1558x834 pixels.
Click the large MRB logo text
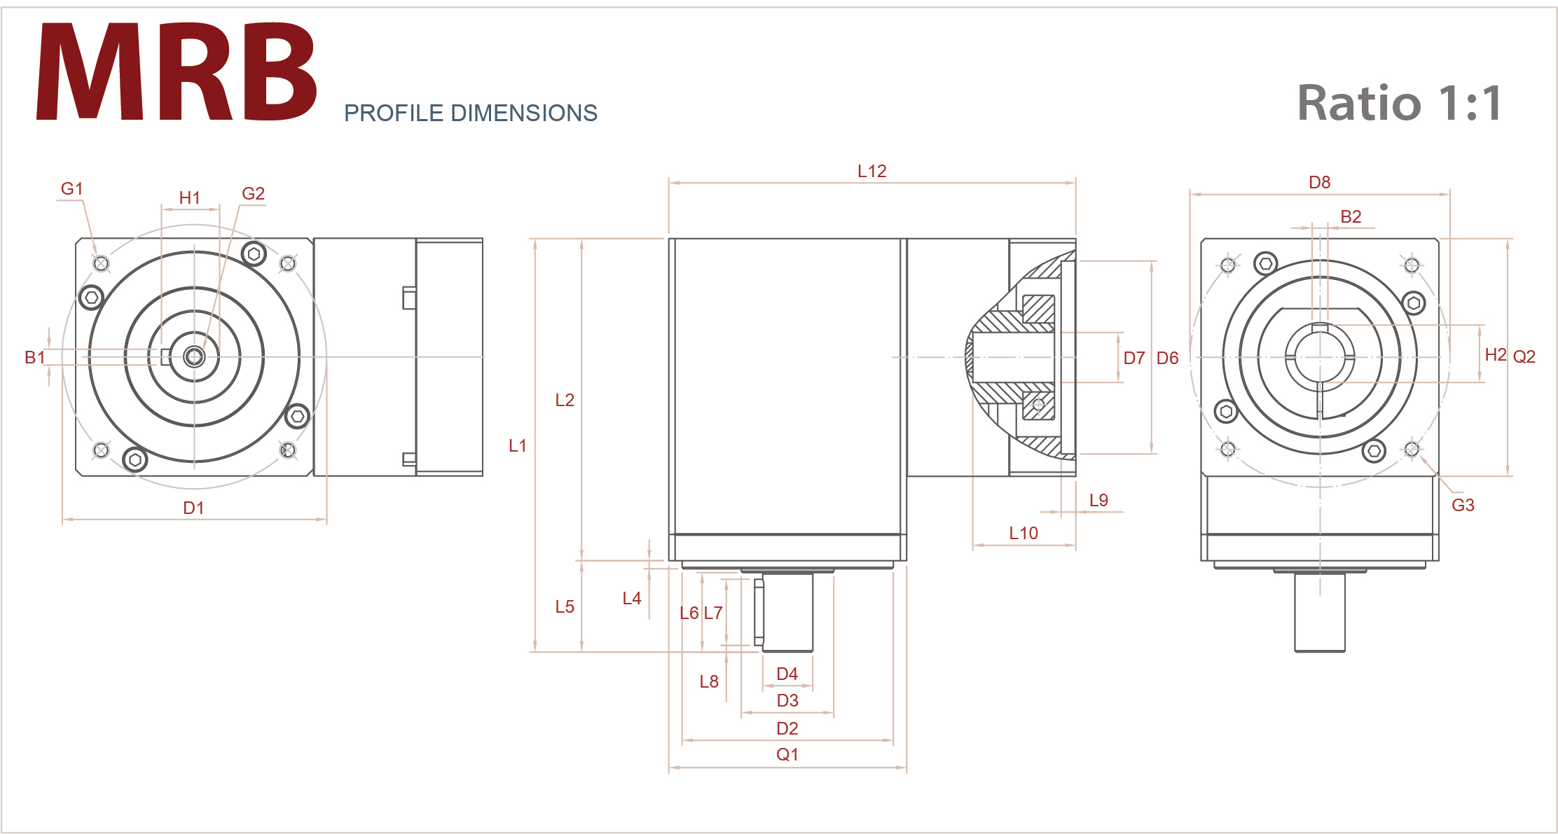[177, 71]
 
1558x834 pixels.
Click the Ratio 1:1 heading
[1398, 103]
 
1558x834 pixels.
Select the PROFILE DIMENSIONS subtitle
[470, 113]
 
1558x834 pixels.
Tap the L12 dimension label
[871, 171]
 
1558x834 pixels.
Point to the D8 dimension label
[1319, 182]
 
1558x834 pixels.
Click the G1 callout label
[71, 188]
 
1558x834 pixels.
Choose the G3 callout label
[1463, 505]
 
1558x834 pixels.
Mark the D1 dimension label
[193, 508]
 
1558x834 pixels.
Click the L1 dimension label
[517, 445]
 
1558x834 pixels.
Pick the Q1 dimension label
[787, 754]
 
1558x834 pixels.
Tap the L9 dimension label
[1098, 500]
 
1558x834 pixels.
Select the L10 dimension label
[1023, 533]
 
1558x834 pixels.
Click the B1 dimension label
[34, 357]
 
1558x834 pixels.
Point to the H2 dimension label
[1495, 354]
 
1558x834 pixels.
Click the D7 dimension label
[1133, 358]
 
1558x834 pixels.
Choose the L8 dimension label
[708, 681]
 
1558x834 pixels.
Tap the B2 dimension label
[1350, 216]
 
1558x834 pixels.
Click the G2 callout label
[253, 193]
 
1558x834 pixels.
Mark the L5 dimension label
[564, 606]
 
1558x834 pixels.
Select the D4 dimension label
[787, 674]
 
